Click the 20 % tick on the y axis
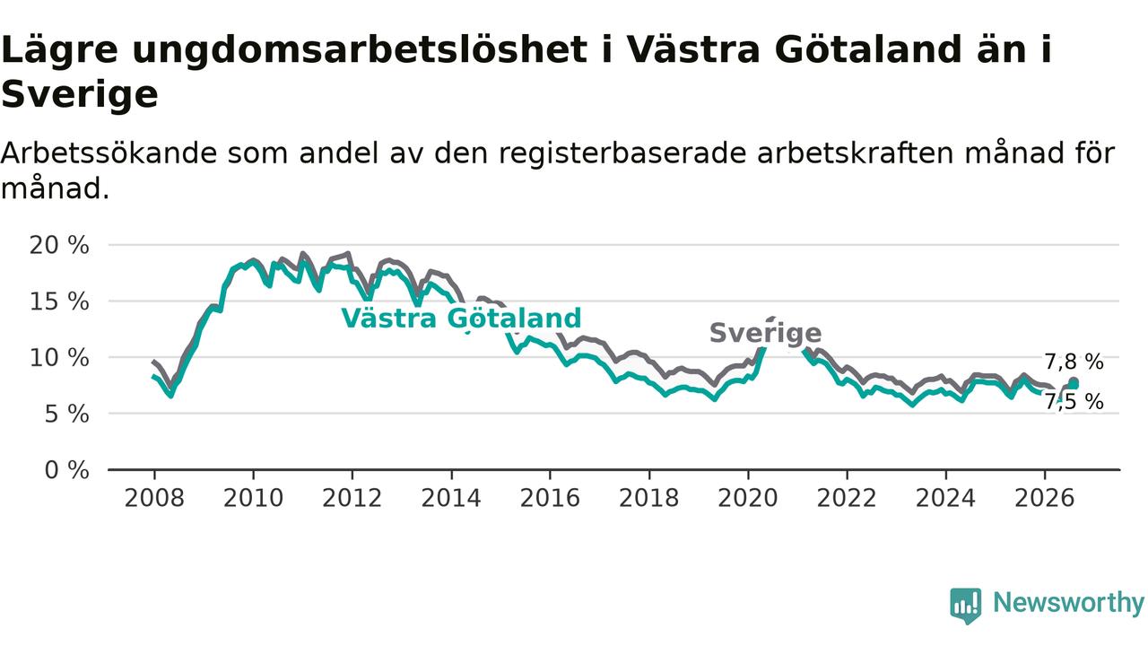point(59,246)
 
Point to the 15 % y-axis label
point(59,301)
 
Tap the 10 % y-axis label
point(59,358)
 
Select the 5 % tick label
point(66,414)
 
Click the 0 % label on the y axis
point(66,470)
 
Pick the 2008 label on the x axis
point(154,498)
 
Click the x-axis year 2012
point(352,498)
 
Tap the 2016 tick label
point(550,498)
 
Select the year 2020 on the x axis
point(748,498)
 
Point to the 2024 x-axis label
point(945,498)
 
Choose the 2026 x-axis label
point(1045,498)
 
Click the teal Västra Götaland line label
point(461,319)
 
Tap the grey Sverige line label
point(766,333)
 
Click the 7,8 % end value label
point(1074,362)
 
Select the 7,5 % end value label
point(1074,402)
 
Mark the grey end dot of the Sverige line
point(1074,381)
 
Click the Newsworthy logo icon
point(966,606)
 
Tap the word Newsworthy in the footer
point(1068,602)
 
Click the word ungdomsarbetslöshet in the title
point(360,50)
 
